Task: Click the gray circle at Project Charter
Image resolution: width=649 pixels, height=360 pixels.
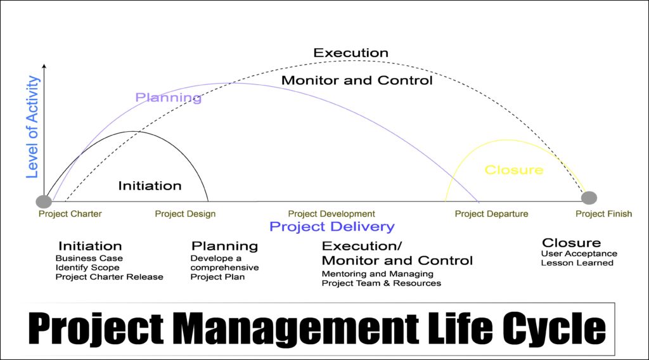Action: (44, 202)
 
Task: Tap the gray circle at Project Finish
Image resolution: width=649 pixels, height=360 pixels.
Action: (589, 198)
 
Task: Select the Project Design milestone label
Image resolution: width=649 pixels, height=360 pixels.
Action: (185, 214)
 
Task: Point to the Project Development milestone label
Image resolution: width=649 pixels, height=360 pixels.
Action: (331, 214)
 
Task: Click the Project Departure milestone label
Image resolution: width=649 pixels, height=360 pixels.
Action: (491, 214)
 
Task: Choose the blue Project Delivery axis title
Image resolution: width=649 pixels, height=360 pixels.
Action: (331, 227)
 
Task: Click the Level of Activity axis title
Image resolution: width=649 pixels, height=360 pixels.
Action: (33, 127)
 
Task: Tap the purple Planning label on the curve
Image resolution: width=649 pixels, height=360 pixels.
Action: (169, 98)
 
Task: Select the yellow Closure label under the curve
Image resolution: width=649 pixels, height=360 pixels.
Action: (514, 170)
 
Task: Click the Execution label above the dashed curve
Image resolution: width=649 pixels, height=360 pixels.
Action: (350, 53)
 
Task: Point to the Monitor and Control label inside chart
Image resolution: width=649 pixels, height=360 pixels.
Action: (357, 80)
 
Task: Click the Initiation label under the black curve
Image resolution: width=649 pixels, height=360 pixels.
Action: (150, 186)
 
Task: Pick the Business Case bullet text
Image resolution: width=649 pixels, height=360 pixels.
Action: (89, 259)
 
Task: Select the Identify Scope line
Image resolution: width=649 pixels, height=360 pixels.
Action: (87, 267)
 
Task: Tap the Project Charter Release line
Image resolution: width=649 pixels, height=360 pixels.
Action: (109, 276)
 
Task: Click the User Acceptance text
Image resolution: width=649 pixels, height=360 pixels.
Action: (579, 254)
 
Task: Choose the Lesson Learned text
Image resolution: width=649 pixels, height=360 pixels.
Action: (577, 263)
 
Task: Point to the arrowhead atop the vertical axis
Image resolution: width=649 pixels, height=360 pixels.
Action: (44, 66)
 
